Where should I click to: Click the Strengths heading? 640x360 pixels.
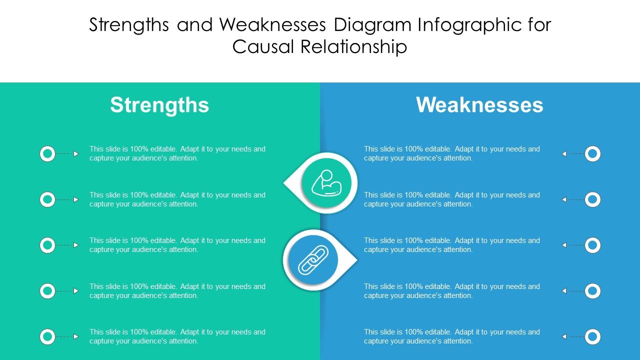click(159, 105)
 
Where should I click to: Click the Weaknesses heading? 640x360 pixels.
click(479, 105)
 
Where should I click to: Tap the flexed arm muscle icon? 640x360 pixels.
click(326, 183)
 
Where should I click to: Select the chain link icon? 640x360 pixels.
click(313, 260)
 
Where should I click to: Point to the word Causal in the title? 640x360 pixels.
click(263, 46)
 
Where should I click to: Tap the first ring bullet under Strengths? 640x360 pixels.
click(47, 153)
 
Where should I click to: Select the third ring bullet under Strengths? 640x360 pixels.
click(47, 245)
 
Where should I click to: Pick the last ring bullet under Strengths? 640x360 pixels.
click(47, 336)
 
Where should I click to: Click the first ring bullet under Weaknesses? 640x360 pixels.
click(592, 153)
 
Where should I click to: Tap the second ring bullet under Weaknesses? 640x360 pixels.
click(592, 199)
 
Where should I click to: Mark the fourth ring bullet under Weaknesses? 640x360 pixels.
click(592, 290)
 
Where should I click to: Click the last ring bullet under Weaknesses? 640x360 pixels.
click(592, 336)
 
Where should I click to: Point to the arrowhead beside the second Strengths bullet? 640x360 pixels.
click(76, 199)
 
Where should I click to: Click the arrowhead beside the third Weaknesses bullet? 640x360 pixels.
click(564, 245)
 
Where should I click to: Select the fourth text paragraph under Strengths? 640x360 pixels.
click(177, 290)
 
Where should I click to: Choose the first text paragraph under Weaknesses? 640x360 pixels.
click(452, 153)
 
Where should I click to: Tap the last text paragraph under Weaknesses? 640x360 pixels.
click(452, 336)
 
